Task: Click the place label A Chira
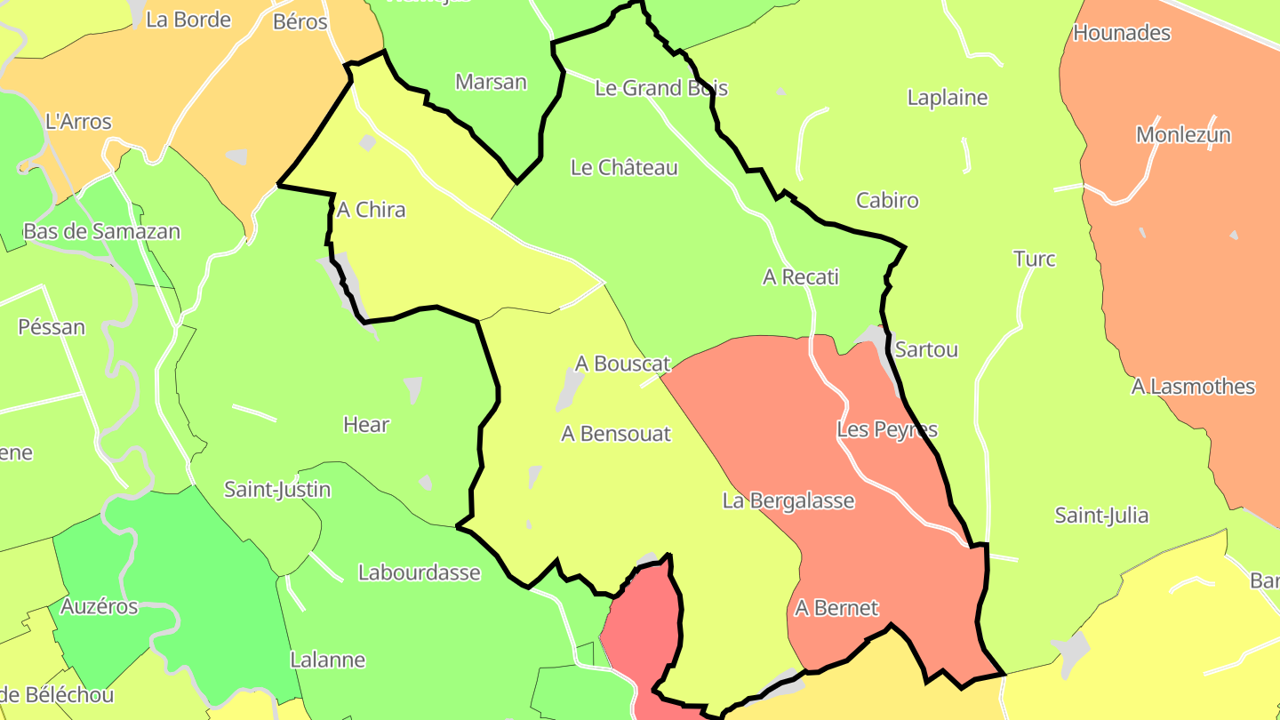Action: (371, 211)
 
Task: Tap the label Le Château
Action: (624, 168)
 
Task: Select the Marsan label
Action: (491, 83)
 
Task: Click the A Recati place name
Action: (800, 277)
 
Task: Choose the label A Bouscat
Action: (622, 364)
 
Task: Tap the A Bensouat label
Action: (616, 434)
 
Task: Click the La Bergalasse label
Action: (788, 501)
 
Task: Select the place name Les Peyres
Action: (887, 430)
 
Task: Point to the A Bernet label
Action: (836, 608)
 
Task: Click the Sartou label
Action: (926, 350)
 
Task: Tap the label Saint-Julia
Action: (1101, 516)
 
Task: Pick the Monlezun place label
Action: (1183, 136)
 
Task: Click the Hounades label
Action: (1122, 34)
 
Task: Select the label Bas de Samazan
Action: (101, 232)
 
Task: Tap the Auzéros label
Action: (100, 607)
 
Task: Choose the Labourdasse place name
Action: (419, 573)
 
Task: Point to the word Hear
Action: (366, 425)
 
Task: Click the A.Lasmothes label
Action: (1193, 388)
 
